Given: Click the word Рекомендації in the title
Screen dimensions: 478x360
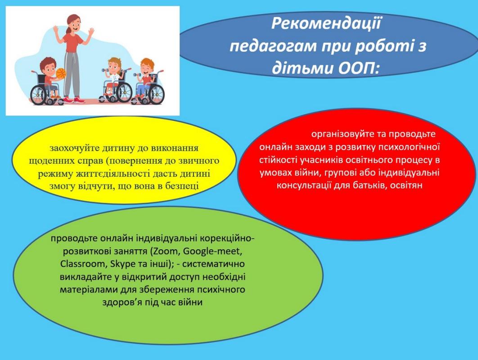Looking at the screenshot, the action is coord(326,23).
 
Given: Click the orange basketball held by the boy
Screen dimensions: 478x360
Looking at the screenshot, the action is coord(61,73).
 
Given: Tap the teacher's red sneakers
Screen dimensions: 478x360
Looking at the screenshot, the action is coord(73,100).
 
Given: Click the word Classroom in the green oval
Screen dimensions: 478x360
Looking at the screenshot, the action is coord(83,264).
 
